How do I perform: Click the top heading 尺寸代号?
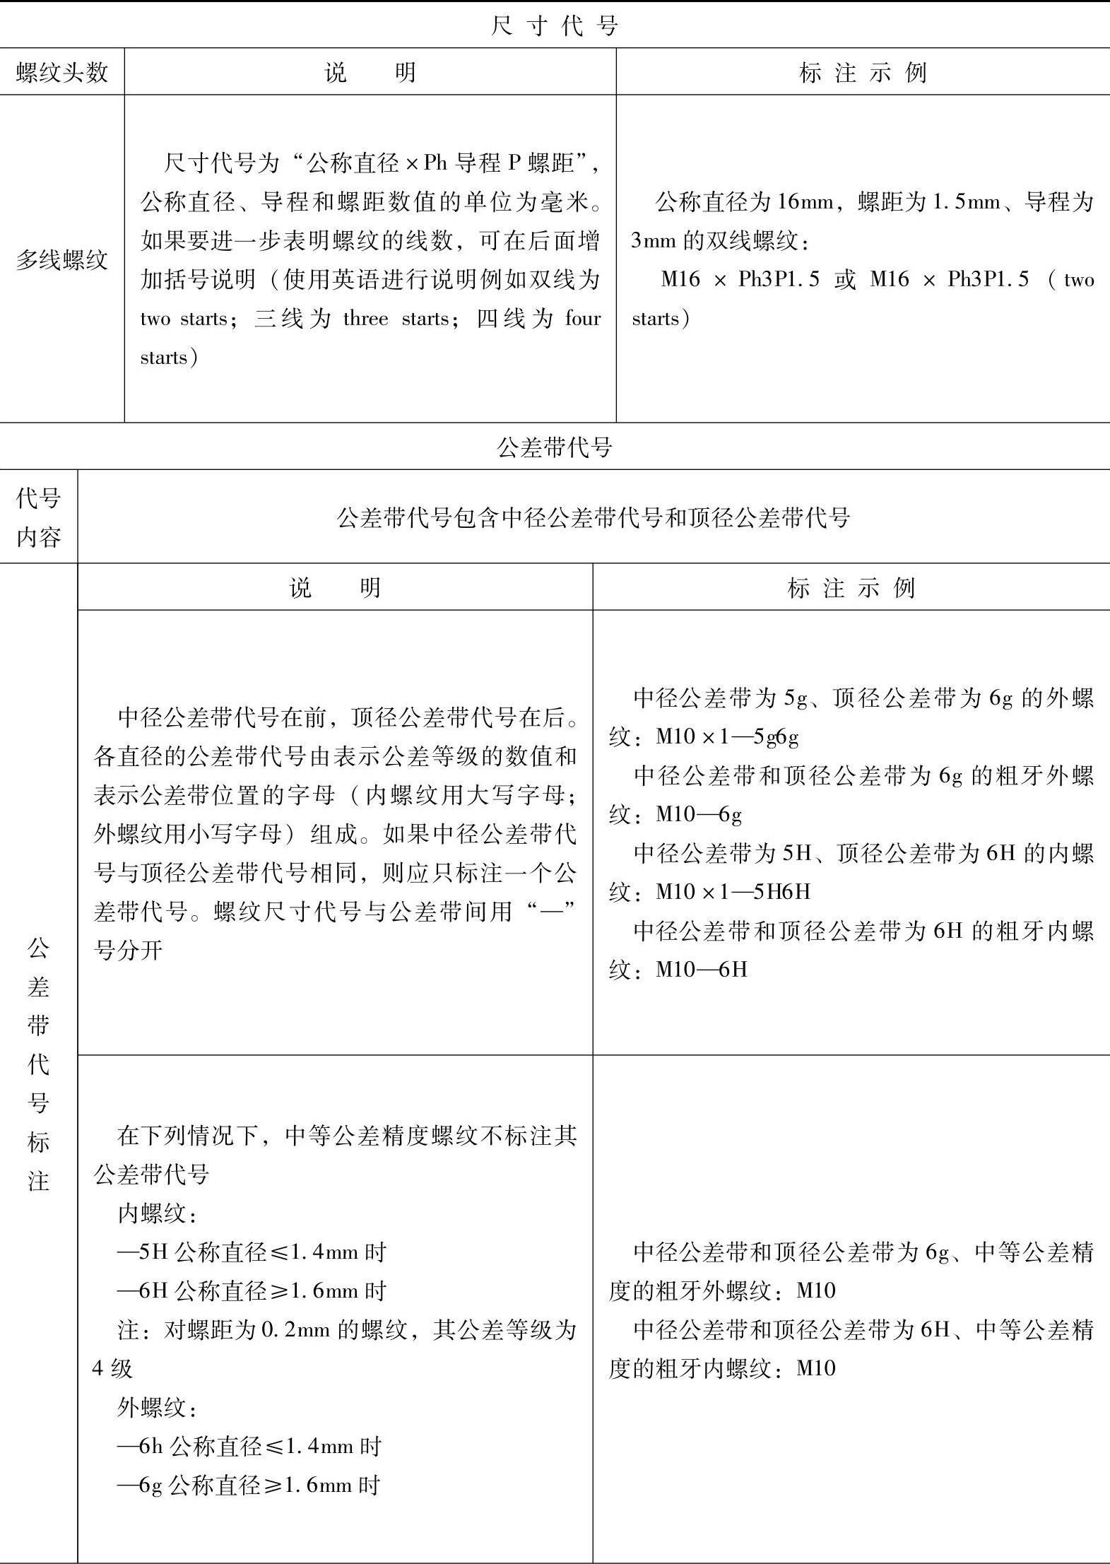555,25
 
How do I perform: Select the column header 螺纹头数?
62,72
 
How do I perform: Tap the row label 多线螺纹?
62,259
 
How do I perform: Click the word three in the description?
366,319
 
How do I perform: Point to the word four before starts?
582,319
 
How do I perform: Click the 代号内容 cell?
38,517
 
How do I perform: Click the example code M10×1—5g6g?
728,737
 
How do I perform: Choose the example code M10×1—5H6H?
733,892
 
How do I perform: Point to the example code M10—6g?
699,815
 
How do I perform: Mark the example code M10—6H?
702,969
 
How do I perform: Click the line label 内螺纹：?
157,1213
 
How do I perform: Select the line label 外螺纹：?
157,1407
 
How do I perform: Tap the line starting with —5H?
252,1252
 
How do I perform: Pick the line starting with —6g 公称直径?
249,1485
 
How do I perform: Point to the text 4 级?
113,1369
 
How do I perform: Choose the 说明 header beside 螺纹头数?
370,72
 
